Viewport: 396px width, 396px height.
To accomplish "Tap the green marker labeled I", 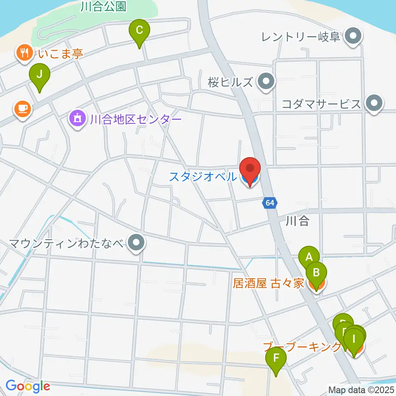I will [x=354, y=340].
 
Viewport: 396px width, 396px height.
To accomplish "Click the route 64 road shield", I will [x=269, y=203].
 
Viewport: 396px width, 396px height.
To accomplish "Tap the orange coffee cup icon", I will [x=22, y=108].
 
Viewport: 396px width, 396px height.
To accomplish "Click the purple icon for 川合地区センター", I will [x=77, y=119].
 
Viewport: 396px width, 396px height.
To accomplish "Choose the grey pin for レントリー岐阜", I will [x=353, y=36].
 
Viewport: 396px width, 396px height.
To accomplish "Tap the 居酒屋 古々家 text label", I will [x=268, y=283].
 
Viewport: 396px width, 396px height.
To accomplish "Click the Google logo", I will [x=28, y=386].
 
